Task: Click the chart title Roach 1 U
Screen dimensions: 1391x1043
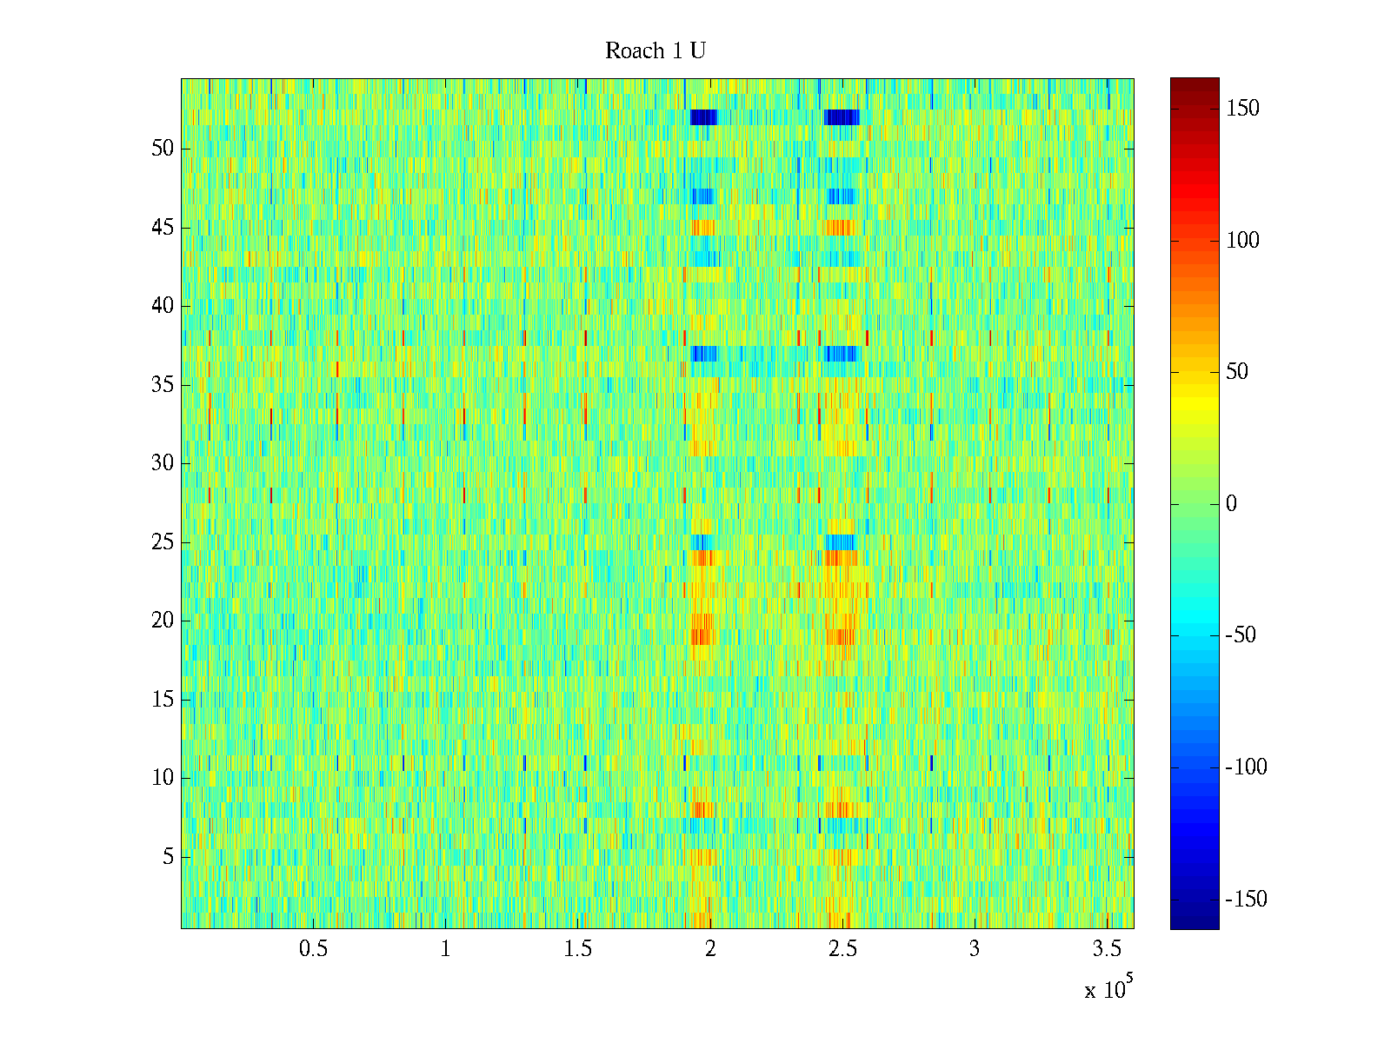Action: click(x=656, y=50)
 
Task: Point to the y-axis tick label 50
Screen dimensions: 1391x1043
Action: click(x=163, y=148)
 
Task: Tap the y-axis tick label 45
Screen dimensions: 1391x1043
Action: click(x=163, y=228)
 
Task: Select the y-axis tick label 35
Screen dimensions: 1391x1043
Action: click(x=163, y=384)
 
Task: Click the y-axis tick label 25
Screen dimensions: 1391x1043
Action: click(x=163, y=542)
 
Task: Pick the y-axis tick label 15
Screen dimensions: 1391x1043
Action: click(x=163, y=699)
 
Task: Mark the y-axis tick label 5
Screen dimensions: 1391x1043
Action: click(x=168, y=856)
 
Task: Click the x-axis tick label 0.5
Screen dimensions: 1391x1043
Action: click(x=313, y=948)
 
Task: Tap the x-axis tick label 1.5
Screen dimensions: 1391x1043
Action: click(x=577, y=948)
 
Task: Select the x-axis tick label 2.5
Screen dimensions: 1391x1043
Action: click(x=842, y=948)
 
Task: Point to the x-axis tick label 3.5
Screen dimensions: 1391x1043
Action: click(x=1107, y=948)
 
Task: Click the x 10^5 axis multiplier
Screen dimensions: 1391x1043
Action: click(x=1108, y=987)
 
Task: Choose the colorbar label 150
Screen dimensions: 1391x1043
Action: click(x=1242, y=109)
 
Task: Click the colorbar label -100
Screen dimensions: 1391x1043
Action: click(x=1245, y=767)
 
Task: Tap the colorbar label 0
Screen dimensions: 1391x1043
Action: click(x=1231, y=503)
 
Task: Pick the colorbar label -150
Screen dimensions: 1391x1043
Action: click(x=1245, y=899)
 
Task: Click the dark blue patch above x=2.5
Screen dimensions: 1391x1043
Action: click(x=842, y=117)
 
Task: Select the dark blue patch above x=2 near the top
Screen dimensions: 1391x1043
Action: click(x=703, y=117)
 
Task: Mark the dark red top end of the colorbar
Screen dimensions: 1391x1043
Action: click(x=1195, y=84)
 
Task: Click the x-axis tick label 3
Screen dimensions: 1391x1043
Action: click(x=974, y=948)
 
